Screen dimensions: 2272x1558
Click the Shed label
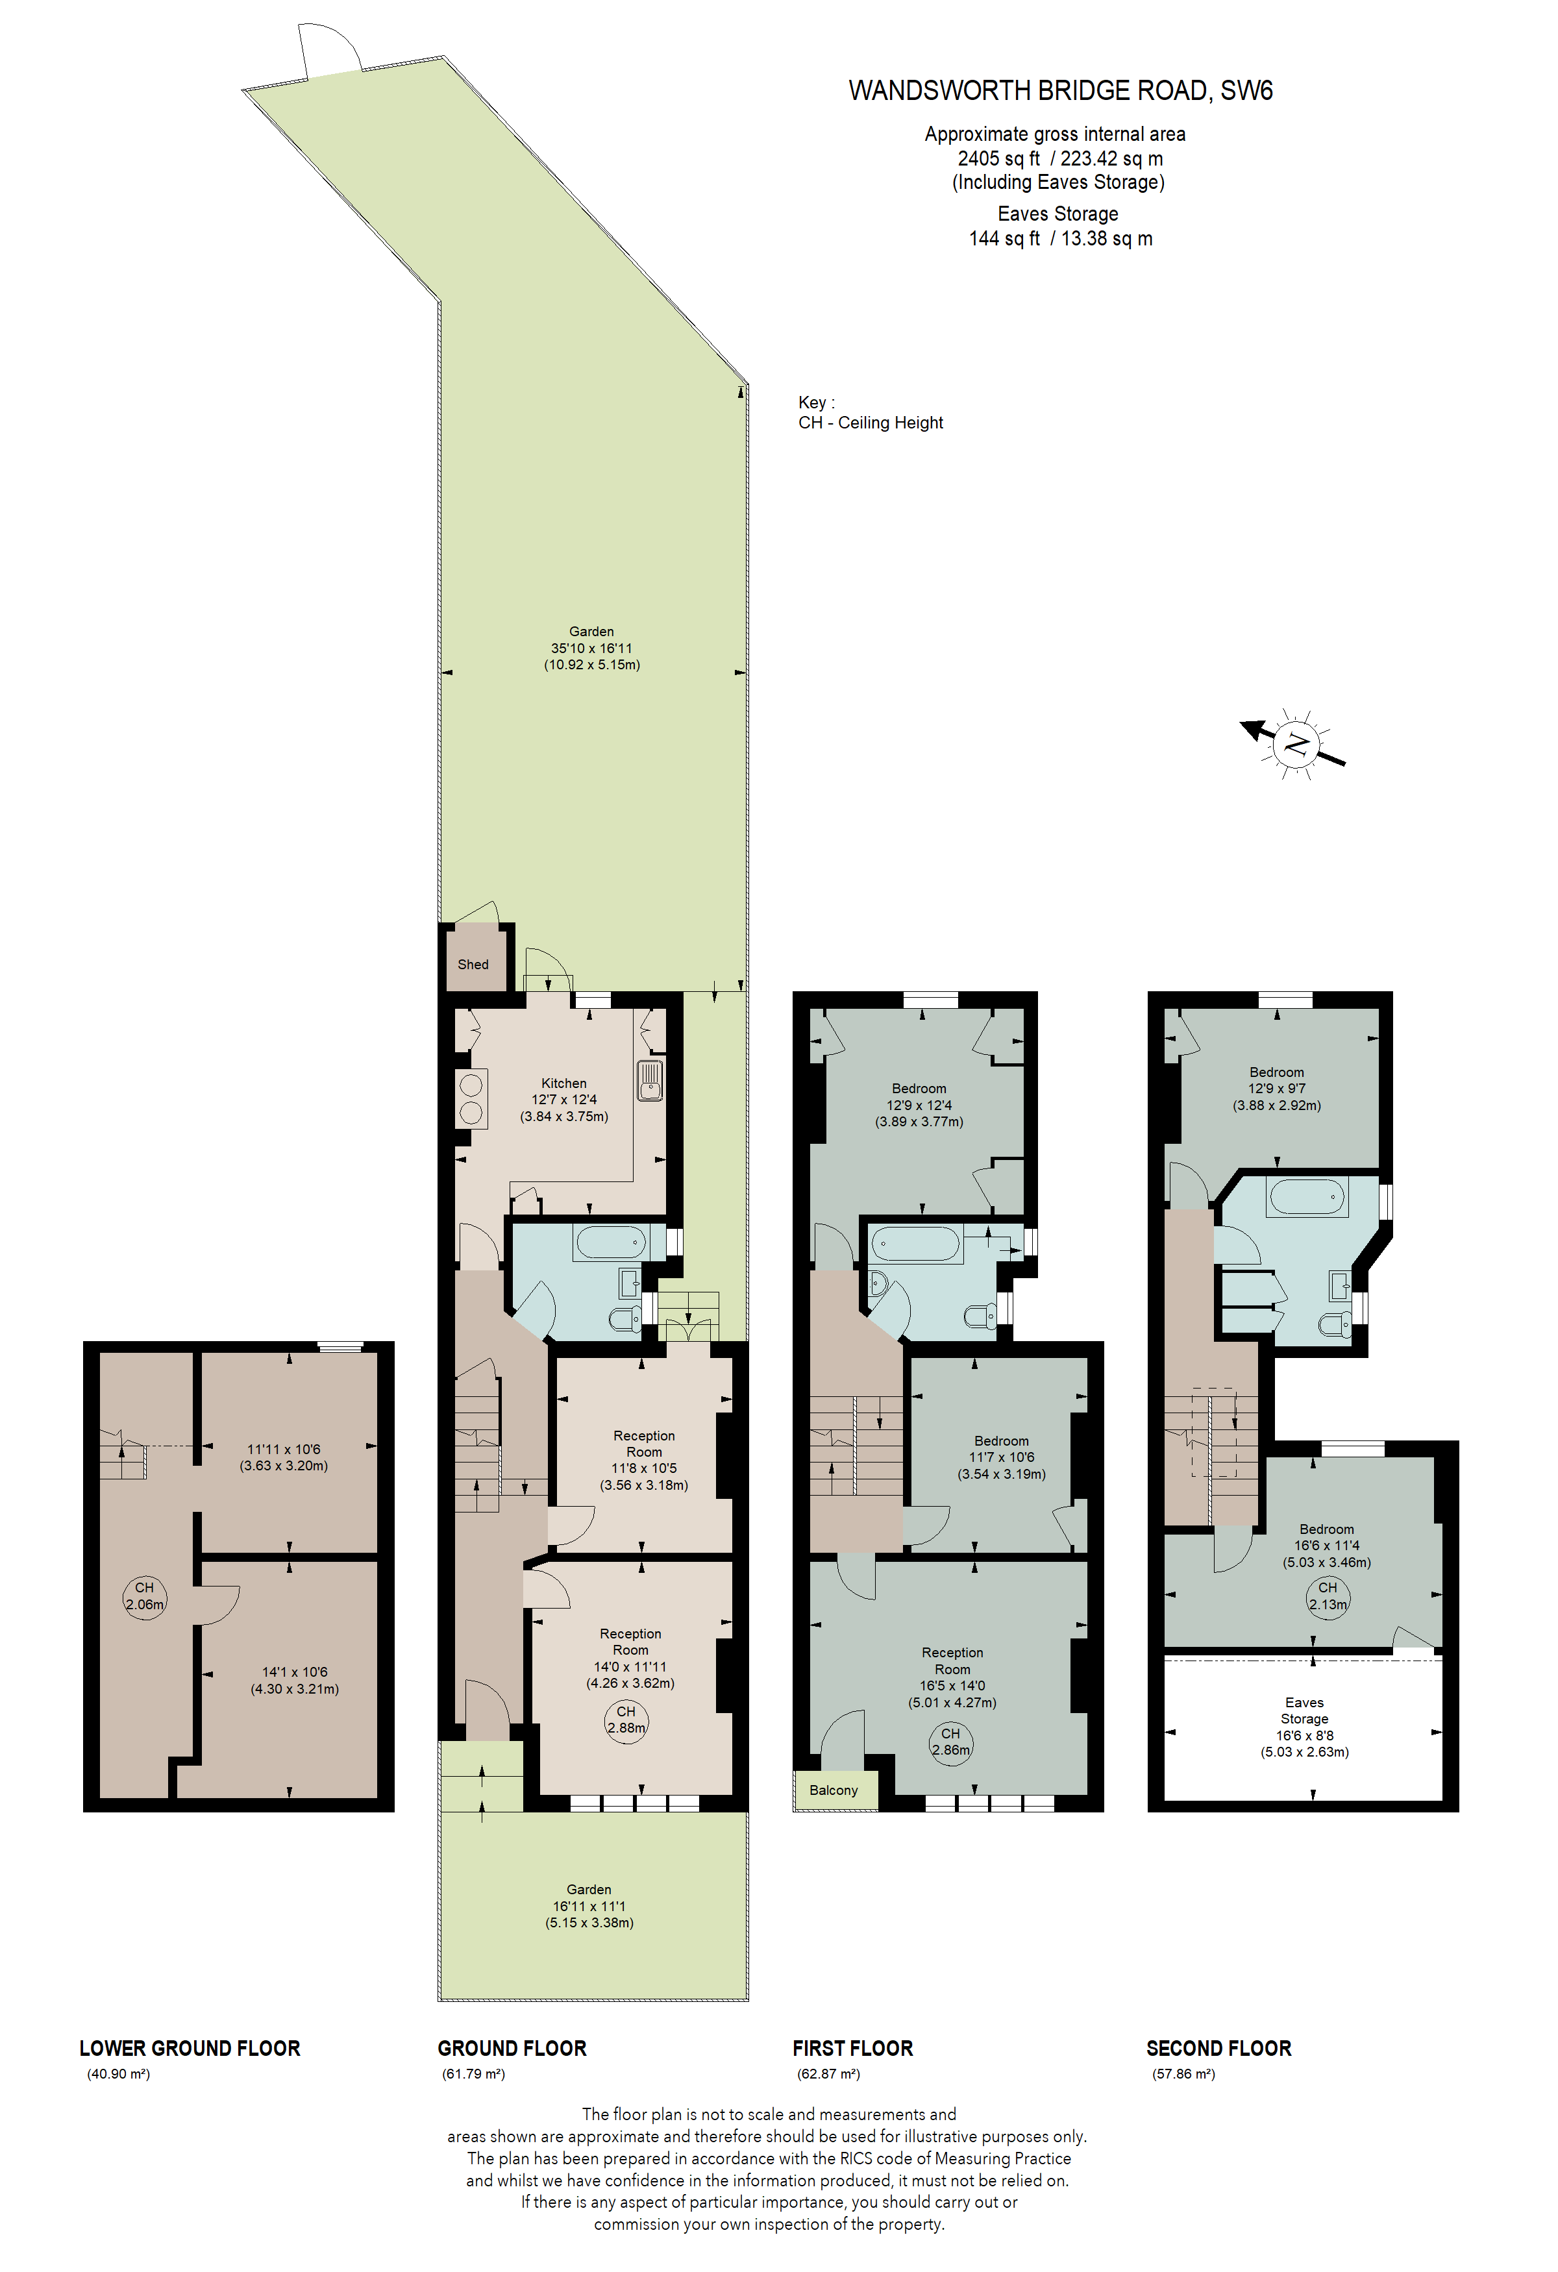click(x=473, y=964)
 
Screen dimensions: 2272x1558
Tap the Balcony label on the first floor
click(x=833, y=1790)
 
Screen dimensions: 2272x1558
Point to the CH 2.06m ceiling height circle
click(x=145, y=1596)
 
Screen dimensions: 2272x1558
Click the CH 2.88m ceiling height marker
click(x=626, y=1720)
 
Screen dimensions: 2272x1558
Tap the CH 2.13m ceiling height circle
click(x=1328, y=1596)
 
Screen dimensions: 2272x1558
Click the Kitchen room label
click(x=564, y=1083)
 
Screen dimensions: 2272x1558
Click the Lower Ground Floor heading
click(x=190, y=2048)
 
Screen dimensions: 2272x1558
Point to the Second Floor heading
click(x=1219, y=2048)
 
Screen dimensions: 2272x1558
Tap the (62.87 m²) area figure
click(x=828, y=2073)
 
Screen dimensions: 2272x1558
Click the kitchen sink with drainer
click(x=650, y=1080)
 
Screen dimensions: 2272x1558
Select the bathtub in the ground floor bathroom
click(x=610, y=1242)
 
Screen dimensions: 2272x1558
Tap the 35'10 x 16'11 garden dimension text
click(x=591, y=648)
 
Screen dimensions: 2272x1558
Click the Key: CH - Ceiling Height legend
click(x=870, y=413)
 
